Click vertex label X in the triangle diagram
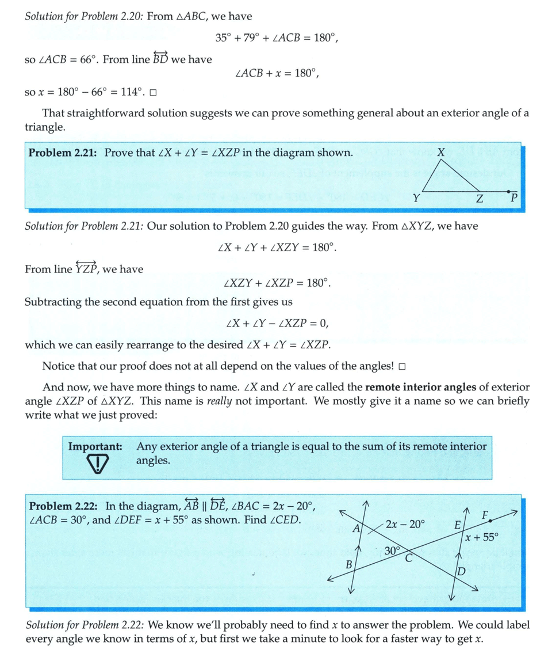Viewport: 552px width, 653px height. click(x=440, y=153)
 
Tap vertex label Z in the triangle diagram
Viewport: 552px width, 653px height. click(x=480, y=199)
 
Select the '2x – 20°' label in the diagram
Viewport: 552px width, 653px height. click(x=405, y=525)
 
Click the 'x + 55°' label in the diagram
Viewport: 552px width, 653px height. click(x=481, y=538)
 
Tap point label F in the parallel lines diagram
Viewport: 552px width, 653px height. click(x=485, y=514)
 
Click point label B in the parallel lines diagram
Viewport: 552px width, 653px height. click(x=348, y=565)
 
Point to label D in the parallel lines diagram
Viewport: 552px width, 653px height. click(x=461, y=571)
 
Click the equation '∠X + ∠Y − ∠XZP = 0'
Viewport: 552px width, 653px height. click(x=275, y=323)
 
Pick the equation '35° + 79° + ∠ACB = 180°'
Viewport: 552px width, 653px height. click(x=275, y=39)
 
